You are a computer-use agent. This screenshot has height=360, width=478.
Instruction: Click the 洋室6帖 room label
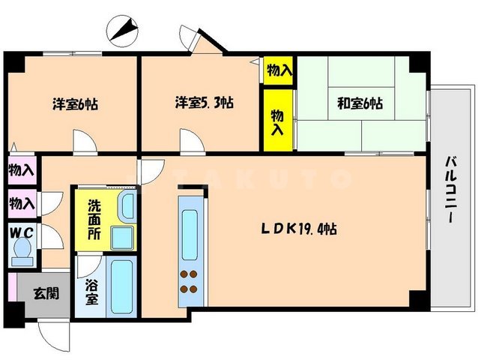click(x=75, y=104)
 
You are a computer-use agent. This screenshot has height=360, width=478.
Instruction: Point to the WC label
click(x=20, y=233)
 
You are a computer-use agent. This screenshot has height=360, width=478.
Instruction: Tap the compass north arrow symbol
click(x=124, y=30)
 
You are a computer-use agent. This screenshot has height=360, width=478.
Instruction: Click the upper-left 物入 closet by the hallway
click(x=22, y=169)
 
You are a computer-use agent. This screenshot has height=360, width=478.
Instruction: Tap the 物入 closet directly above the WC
click(x=22, y=202)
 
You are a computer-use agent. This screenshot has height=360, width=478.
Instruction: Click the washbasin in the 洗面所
click(x=121, y=237)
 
